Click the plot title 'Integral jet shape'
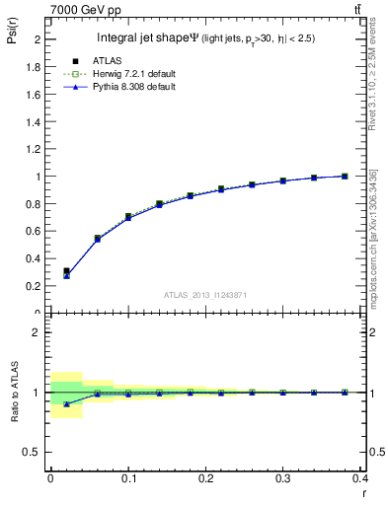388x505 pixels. click(147, 37)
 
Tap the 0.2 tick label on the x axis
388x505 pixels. click(205, 478)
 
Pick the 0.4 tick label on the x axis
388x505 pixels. click(360, 478)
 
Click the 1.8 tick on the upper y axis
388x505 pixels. click(36, 67)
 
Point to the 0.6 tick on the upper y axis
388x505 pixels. click(36, 232)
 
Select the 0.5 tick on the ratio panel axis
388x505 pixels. click(36, 453)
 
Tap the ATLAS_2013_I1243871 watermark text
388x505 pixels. click(204, 295)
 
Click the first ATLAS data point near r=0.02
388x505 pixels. click(66, 271)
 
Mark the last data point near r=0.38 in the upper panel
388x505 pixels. click(345, 176)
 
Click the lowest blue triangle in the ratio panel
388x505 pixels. click(66, 403)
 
